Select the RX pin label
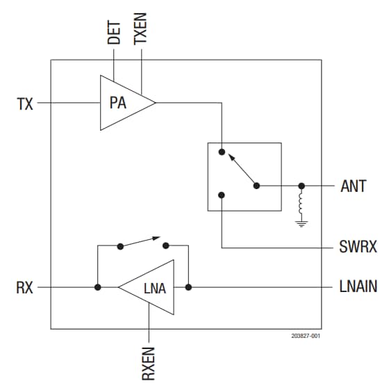click(x=25, y=286)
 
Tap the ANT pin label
click(x=358, y=186)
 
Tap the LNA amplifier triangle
click(x=151, y=286)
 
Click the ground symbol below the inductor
click(x=301, y=223)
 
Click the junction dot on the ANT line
click(x=301, y=186)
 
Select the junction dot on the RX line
click(x=98, y=286)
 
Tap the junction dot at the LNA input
click(x=188, y=286)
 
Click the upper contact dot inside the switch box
click(x=221, y=151)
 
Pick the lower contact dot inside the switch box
click(x=221, y=195)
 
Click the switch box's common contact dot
click(x=256, y=186)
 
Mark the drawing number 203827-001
click(x=306, y=336)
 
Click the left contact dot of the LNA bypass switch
click(x=121, y=245)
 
